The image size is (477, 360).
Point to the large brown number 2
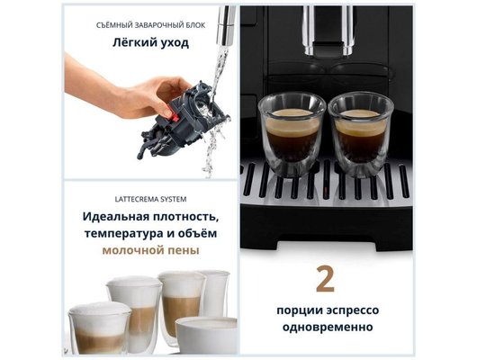325,279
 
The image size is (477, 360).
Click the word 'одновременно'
327,328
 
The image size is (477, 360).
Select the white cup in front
206,334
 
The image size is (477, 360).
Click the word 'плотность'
185,217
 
